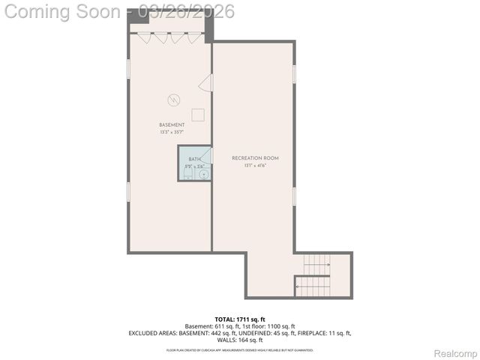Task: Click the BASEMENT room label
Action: click(171, 124)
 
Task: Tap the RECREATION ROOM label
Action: click(255, 158)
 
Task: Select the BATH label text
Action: click(194, 159)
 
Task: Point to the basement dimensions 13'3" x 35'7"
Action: click(171, 132)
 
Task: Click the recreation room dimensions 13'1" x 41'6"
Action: click(255, 166)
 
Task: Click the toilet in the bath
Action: click(187, 173)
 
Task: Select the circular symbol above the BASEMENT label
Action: click(173, 98)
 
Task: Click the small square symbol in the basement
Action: click(198, 114)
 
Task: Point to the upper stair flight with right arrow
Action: click(316, 264)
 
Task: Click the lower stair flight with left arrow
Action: click(313, 285)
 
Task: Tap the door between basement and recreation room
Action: click(205, 87)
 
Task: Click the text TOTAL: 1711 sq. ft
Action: click(239, 319)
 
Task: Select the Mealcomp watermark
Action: click(451, 352)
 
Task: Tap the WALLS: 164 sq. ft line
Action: click(239, 340)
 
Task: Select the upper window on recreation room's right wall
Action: click(295, 73)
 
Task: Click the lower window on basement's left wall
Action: click(128, 191)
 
